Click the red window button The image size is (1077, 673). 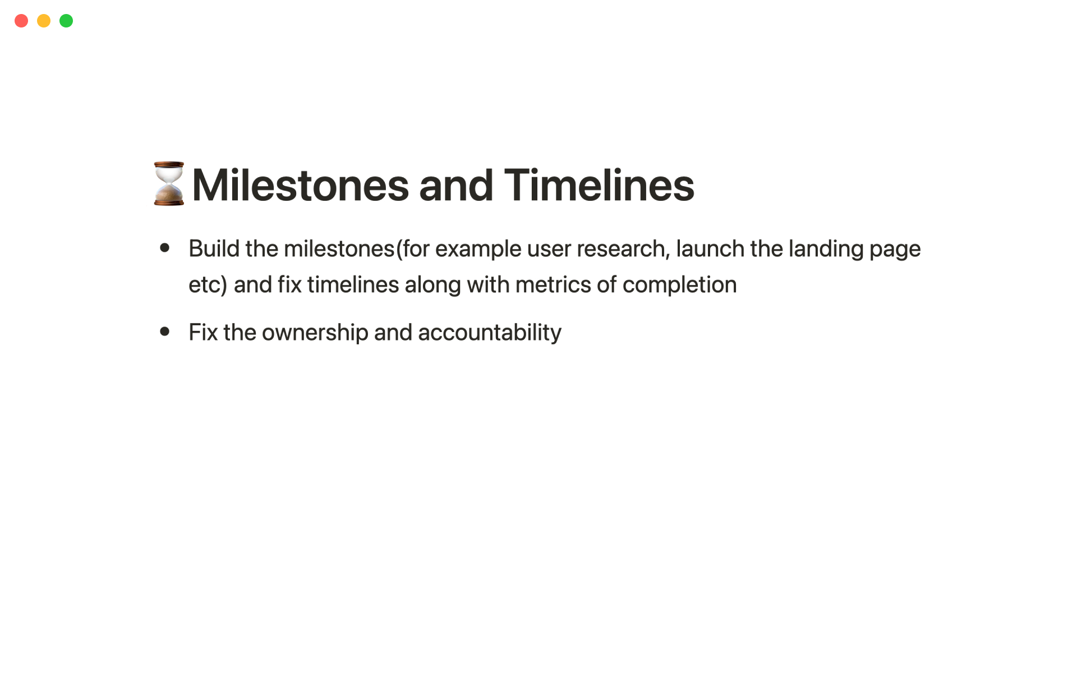tap(21, 21)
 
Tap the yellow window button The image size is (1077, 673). tap(44, 21)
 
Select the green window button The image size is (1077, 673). tap(66, 21)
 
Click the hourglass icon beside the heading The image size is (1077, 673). tap(169, 183)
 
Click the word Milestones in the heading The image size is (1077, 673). tap(301, 185)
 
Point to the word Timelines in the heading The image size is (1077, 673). tap(599, 185)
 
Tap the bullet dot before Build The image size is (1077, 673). tap(165, 247)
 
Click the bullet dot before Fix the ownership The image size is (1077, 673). tap(165, 331)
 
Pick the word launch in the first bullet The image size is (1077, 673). tap(710, 248)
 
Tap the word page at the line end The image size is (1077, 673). tap(895, 250)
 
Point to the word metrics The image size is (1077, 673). tap(553, 285)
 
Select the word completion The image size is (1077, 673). tap(680, 285)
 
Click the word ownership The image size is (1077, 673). tap(315, 333)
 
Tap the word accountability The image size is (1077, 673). tap(490, 333)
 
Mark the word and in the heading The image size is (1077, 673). tap(456, 185)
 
